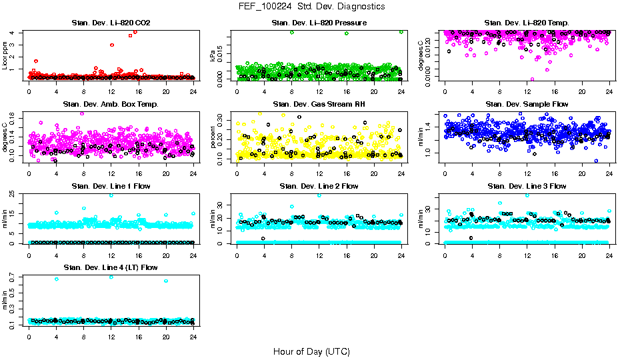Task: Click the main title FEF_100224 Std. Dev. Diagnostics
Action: [x=311, y=6]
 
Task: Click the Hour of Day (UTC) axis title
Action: [x=311, y=351]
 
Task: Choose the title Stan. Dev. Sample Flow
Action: [x=527, y=105]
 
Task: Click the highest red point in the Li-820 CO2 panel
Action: [x=135, y=31]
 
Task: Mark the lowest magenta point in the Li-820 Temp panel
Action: [x=532, y=79]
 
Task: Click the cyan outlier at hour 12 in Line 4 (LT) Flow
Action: [x=111, y=277]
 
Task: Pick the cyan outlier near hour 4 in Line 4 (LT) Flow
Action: [x=57, y=279]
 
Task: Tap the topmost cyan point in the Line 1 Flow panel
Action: [x=111, y=195]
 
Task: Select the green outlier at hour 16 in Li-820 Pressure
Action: [x=347, y=33]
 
